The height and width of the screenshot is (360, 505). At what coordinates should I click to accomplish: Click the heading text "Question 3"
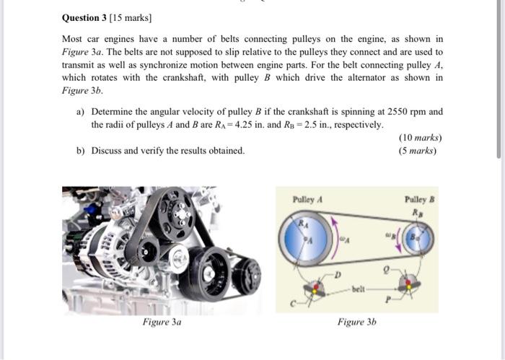coord(84,17)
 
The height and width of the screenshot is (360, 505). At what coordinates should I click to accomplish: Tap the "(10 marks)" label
coord(420,138)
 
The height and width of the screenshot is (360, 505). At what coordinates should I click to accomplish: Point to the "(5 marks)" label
coord(420,151)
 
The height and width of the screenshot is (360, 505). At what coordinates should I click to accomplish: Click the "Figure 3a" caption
coord(162,322)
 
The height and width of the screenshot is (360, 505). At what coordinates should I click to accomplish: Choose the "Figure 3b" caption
coord(356,322)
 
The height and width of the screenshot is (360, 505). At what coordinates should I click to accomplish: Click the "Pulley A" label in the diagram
coord(307,198)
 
